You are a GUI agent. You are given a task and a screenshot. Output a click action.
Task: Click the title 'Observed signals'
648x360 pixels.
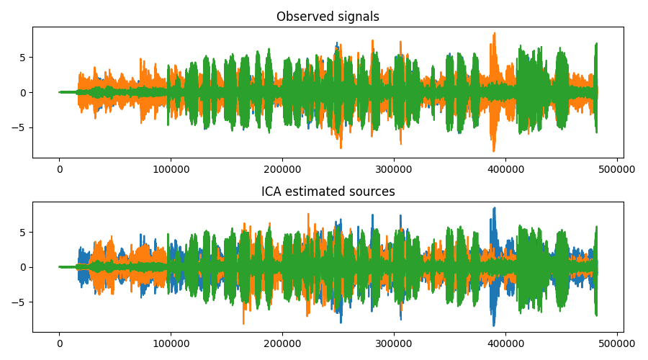tap(328, 17)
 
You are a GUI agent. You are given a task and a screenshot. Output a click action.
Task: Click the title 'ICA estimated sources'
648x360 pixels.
tap(328, 192)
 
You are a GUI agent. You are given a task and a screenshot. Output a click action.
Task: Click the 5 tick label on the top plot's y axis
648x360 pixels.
tap(23, 58)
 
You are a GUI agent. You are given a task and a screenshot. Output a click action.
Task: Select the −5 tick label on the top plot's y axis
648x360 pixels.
tap(20, 127)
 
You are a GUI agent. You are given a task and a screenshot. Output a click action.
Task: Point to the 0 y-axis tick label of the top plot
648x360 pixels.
tap(23, 93)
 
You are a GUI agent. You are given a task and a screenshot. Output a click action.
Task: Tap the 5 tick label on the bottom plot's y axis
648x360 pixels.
tap(23, 232)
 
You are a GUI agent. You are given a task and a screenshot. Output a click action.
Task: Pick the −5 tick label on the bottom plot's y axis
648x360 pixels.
tap(20, 302)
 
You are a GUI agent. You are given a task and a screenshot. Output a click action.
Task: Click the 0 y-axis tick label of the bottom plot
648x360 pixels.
tap(23, 267)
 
